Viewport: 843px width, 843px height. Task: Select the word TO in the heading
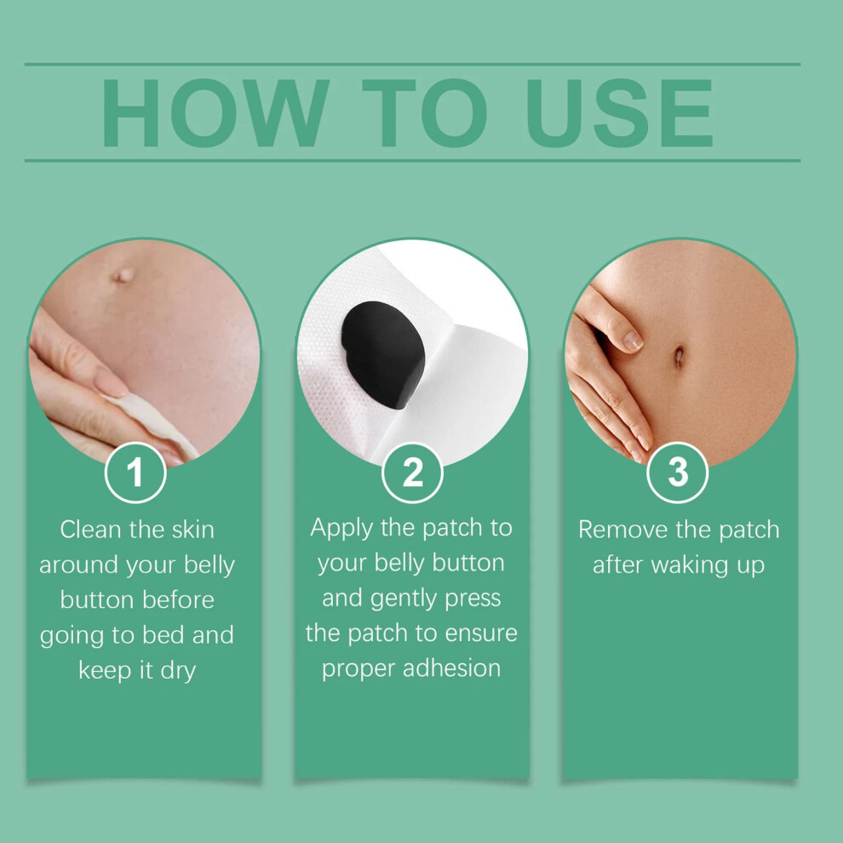pyautogui.click(x=425, y=113)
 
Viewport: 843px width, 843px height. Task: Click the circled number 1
pyautogui.click(x=135, y=473)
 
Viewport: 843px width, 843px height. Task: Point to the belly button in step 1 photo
pyautogui.click(x=123, y=275)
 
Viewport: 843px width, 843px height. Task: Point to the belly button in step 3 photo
pyautogui.click(x=679, y=356)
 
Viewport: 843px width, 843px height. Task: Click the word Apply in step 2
pyautogui.click(x=341, y=529)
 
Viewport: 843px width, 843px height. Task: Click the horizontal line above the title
pyautogui.click(x=412, y=64)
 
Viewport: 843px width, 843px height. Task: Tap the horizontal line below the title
pyautogui.click(x=412, y=160)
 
